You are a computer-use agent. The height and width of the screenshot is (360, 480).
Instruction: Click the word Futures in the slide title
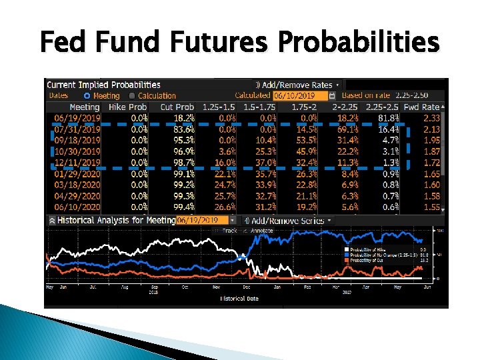(x=211, y=43)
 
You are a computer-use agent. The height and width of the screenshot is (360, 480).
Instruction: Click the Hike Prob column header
(x=127, y=107)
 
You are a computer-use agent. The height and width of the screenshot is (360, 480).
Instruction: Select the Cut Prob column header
(x=177, y=107)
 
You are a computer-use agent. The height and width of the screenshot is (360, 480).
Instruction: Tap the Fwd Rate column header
(x=422, y=107)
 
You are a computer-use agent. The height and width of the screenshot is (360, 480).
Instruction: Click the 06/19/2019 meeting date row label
(x=77, y=118)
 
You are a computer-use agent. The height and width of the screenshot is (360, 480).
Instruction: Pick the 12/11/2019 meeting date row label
(x=77, y=163)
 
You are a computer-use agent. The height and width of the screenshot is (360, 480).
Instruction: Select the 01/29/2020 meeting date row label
(x=77, y=174)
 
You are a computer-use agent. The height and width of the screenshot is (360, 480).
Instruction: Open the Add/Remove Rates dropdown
(x=299, y=85)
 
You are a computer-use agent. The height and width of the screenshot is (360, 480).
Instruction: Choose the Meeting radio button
(x=86, y=96)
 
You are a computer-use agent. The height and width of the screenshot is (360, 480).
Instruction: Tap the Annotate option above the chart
(x=257, y=231)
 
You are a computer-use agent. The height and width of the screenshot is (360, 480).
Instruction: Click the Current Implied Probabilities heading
(x=103, y=85)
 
